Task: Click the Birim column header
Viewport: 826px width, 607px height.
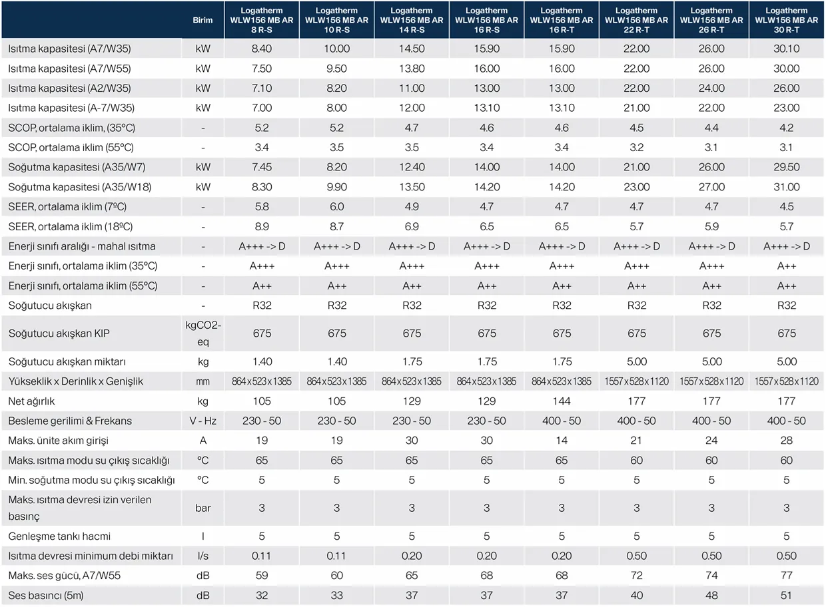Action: click(203, 20)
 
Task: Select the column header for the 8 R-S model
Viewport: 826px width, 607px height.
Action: click(262, 20)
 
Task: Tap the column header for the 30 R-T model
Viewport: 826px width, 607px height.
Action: click(787, 20)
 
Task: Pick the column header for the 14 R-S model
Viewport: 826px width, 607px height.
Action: click(412, 20)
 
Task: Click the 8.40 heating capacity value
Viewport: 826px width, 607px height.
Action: click(262, 49)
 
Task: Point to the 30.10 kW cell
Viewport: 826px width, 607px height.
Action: click(787, 49)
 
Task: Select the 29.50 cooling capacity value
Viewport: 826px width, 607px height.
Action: click(787, 168)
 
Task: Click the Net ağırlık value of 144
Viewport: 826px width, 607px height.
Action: click(562, 401)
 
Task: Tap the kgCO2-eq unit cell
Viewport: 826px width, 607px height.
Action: click(203, 333)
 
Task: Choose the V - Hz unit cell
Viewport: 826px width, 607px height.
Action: click(203, 421)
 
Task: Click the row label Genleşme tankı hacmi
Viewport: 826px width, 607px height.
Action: click(59, 536)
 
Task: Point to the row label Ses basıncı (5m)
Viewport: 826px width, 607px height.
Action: click(46, 595)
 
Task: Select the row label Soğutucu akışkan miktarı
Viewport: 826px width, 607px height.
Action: click(67, 362)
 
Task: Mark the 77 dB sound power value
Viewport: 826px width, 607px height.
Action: click(787, 575)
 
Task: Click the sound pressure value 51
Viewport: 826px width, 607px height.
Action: click(787, 595)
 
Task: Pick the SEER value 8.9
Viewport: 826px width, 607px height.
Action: click(262, 227)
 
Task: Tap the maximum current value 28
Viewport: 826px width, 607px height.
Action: click(787, 441)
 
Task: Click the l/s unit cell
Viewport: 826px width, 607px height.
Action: click(203, 556)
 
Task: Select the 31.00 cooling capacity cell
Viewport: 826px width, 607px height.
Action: click(787, 188)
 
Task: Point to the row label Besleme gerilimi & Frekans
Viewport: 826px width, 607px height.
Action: click(70, 421)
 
